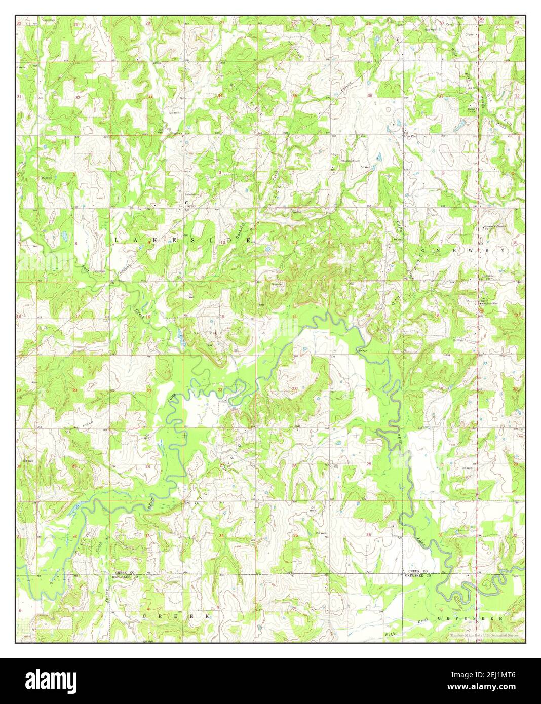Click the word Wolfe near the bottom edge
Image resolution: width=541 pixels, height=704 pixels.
389,634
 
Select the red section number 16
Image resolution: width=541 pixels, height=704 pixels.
148,317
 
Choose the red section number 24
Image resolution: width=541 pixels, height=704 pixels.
368,389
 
